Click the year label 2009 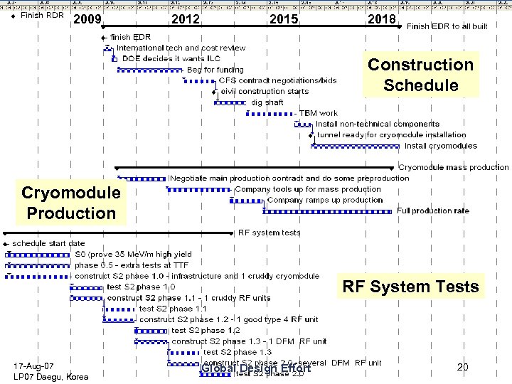coord(87,19)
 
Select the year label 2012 coord(186,19)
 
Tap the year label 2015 coord(284,19)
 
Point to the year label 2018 coord(381,19)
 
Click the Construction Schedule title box coord(420,75)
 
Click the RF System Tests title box coord(410,287)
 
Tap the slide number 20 coord(462,367)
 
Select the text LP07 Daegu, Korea coord(51,376)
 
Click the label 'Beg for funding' coord(215,70)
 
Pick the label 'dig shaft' coord(267,102)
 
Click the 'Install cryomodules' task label coord(441,146)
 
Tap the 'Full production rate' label coord(433,210)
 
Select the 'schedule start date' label coord(48,243)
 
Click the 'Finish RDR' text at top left coord(43,15)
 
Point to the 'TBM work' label coord(319,113)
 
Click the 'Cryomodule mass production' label coord(454,167)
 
